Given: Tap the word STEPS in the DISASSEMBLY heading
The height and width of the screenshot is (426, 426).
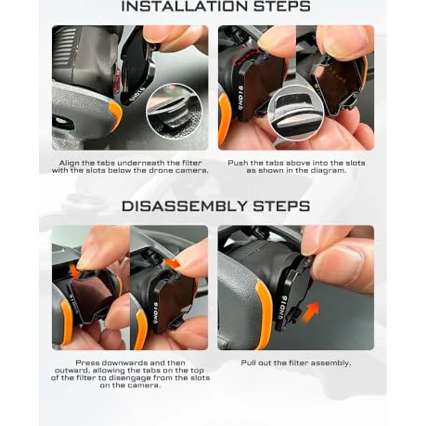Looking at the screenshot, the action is coord(281,206).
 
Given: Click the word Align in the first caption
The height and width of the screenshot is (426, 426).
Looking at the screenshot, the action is coord(69,163).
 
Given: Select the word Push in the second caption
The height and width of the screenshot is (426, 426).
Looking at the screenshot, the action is coord(238,163).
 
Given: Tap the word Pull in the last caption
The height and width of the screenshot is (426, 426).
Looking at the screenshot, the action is coord(248,363).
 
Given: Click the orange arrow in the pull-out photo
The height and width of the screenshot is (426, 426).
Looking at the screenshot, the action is coord(311,313).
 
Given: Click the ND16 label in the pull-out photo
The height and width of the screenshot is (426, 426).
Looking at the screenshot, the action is coord(281,306).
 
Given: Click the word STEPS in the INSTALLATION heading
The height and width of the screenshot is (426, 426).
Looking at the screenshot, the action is coord(282,6).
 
